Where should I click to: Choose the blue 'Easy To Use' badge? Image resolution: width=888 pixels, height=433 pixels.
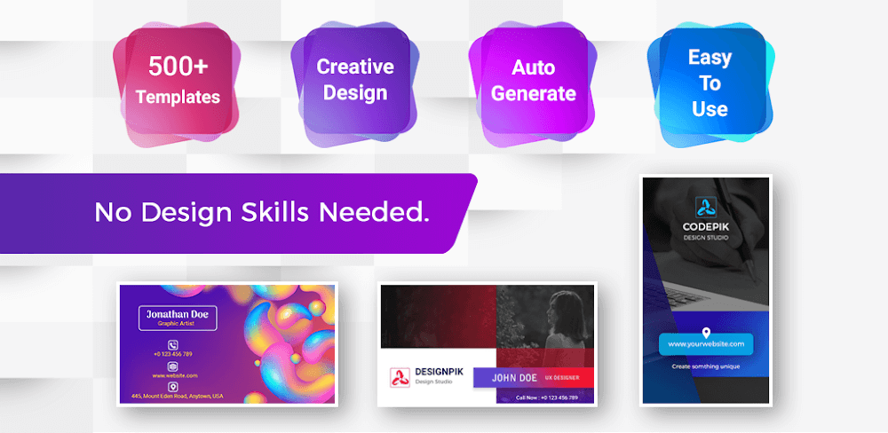710,83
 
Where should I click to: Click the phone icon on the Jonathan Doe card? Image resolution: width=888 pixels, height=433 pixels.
172,342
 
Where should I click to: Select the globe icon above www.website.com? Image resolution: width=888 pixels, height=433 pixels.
172,366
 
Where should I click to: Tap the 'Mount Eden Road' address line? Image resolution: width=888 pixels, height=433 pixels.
175,397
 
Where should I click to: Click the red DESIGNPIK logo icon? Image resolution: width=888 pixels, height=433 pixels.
400,377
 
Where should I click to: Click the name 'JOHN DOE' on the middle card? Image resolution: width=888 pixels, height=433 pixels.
516,376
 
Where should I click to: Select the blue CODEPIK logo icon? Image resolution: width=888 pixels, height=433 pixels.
706,206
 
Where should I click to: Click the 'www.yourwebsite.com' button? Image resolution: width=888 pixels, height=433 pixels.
706,343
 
